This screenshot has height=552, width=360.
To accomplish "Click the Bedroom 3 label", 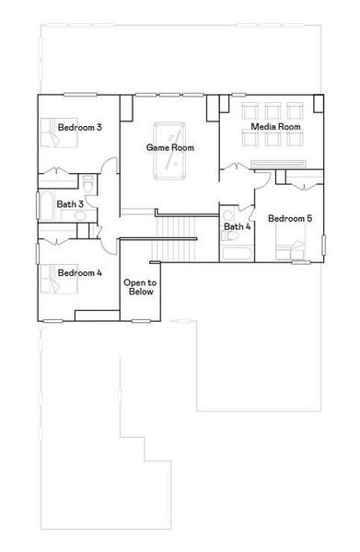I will pos(79,127).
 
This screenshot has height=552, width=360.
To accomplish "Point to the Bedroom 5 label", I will pos(289,219).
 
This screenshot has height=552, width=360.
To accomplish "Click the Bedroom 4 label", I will pos(79,273).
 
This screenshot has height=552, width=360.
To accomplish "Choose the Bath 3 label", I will pos(70,204).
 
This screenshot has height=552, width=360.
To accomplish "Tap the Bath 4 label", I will pos(237,226).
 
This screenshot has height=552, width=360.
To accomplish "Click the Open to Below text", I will pos(140,288).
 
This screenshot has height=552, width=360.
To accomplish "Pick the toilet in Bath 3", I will pos(87,182).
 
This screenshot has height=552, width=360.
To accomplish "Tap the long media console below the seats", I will pos(276,162).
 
